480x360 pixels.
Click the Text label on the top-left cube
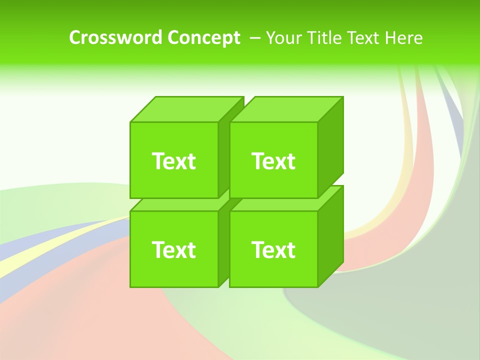(x=173, y=161)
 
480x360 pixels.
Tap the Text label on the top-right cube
(x=273, y=161)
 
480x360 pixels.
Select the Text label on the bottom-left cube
(x=173, y=249)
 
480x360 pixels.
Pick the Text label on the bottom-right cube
(x=273, y=249)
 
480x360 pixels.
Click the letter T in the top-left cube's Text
(x=158, y=161)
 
